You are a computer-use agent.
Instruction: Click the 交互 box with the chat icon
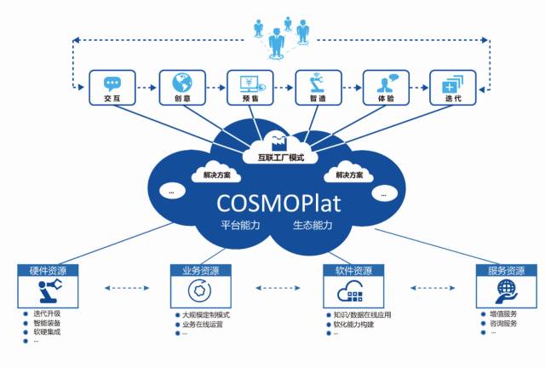pyautogui.click(x=112, y=89)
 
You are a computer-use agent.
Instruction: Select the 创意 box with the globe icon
pyautogui.click(x=180, y=89)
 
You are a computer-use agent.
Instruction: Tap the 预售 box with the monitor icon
pyautogui.click(x=248, y=89)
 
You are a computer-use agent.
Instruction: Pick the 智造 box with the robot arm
pyautogui.click(x=316, y=89)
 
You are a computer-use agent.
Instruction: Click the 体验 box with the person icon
pyautogui.click(x=384, y=89)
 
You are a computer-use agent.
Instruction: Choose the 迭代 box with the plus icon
pyautogui.click(x=451, y=89)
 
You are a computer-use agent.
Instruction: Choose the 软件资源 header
pyautogui.click(x=348, y=271)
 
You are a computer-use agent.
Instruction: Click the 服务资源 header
pyautogui.click(x=501, y=271)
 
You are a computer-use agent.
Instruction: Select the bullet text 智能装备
pyautogui.click(x=48, y=324)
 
